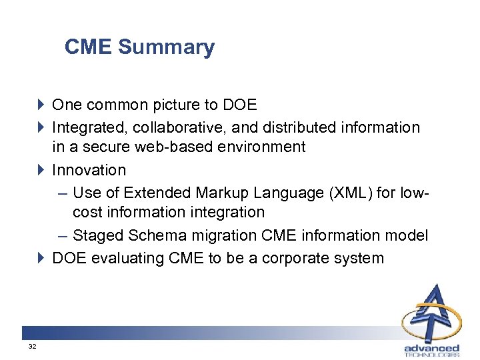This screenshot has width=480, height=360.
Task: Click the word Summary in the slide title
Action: pyautogui.click(x=166, y=47)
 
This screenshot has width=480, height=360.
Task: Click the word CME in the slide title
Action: pyautogui.click(x=89, y=47)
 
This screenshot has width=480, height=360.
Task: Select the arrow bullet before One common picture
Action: pyautogui.click(x=41, y=105)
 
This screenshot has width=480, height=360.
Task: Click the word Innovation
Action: pyautogui.click(x=89, y=171)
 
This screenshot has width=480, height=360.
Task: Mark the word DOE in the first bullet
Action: pyautogui.click(x=239, y=105)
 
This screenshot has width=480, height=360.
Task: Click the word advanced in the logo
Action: pyautogui.click(x=431, y=347)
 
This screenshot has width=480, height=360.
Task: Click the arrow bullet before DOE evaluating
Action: pyautogui.click(x=41, y=258)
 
